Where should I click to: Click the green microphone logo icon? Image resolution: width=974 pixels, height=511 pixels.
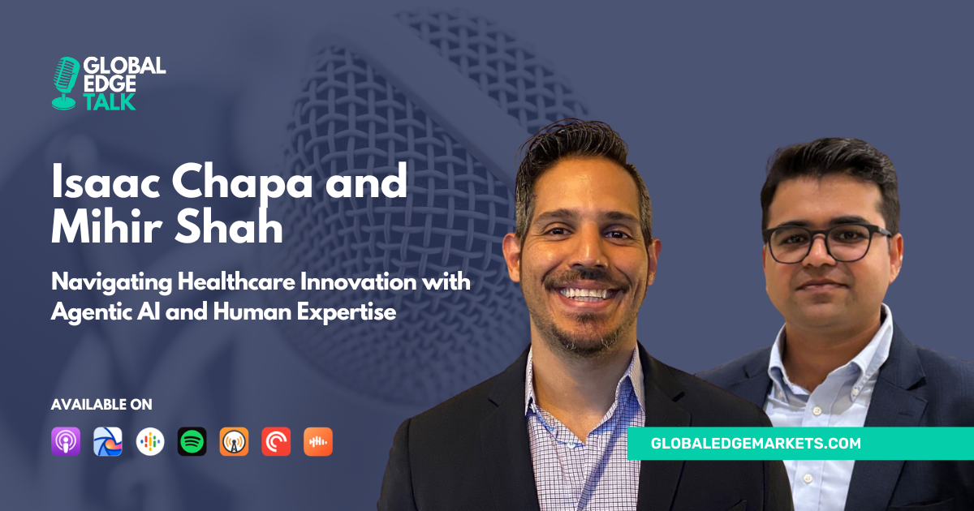click(x=66, y=83)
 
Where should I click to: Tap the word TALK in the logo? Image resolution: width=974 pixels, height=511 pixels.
click(x=109, y=101)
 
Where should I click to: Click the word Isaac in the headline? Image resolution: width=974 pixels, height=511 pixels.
click(x=106, y=182)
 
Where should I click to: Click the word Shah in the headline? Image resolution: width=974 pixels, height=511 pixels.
click(x=229, y=226)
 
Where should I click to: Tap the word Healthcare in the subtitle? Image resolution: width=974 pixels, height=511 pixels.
click(x=236, y=281)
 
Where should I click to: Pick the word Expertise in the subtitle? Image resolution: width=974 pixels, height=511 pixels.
click(x=347, y=313)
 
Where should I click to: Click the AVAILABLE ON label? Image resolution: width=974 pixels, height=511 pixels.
click(x=101, y=405)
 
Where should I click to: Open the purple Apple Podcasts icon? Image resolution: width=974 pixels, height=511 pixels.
click(x=66, y=441)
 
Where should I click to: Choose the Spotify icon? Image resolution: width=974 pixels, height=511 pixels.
click(x=192, y=441)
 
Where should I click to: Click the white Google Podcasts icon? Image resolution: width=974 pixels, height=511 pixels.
click(x=150, y=441)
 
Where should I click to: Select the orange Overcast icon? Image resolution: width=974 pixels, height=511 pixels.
click(x=234, y=441)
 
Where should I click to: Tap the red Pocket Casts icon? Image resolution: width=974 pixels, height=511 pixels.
click(x=276, y=441)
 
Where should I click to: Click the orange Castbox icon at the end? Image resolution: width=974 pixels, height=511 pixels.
click(x=318, y=441)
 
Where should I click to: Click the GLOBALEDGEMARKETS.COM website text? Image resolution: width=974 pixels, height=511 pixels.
click(x=756, y=443)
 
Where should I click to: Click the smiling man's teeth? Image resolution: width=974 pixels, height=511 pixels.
click(x=586, y=294)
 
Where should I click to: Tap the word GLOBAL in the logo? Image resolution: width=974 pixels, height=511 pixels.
click(x=124, y=66)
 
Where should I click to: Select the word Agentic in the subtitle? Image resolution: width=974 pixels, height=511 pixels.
click(x=91, y=313)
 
